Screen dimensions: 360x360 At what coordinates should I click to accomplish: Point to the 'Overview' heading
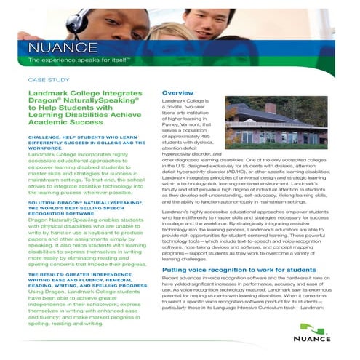pos(177,93)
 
